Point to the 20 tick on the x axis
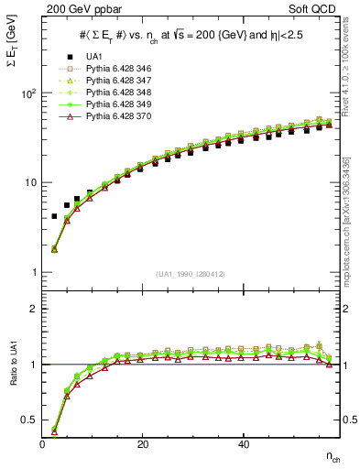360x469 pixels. coord(142,444)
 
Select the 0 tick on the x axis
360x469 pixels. coord(43,444)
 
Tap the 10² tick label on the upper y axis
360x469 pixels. coord(28,93)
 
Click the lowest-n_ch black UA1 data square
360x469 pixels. coord(54,216)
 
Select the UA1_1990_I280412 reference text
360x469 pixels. coord(191,274)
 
